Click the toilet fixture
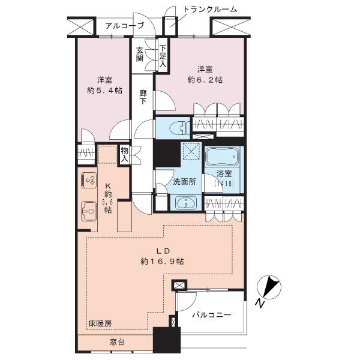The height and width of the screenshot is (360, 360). tap(181, 128)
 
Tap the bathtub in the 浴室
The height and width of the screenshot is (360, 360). tap(222, 157)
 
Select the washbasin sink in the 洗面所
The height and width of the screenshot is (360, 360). tap(186, 203)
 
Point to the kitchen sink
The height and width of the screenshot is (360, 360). tap(89, 211)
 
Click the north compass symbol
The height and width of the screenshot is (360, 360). tap(269, 287)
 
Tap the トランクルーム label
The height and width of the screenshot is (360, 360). tap(210, 10)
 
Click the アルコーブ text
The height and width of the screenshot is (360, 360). tap(125, 25)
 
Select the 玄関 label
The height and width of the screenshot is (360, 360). tap(140, 55)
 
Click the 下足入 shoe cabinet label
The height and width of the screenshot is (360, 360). tap(163, 56)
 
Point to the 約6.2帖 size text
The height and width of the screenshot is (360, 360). tap(205, 80)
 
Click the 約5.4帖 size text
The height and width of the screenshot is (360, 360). tap(104, 91)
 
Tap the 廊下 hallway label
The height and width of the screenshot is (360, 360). tap(143, 97)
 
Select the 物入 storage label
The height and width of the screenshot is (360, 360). tap(124, 155)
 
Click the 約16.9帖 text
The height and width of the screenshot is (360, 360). tap(163, 261)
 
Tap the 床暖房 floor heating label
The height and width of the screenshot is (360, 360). tap(100, 324)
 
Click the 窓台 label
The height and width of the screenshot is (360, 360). tap(117, 343)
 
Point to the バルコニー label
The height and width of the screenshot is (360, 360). tap(211, 315)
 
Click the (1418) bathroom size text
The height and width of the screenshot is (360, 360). tap(224, 184)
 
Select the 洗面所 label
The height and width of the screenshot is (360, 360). tap(185, 182)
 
